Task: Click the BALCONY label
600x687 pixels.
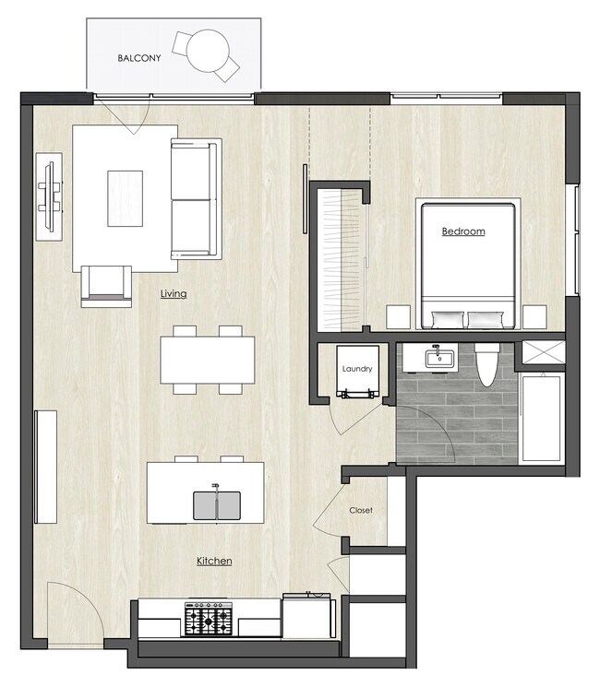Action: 139,58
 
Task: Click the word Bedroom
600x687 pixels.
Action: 462,231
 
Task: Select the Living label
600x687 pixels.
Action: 173,294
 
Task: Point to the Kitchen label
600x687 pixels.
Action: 213,561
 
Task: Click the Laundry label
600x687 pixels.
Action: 356,369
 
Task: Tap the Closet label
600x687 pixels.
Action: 360,510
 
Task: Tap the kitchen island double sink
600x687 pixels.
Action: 216,504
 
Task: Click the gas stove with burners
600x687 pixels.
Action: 209,618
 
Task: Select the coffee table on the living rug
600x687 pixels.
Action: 126,197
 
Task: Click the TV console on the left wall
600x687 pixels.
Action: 49,196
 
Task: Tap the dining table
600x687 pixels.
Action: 208,360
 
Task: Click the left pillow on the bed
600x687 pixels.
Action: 447,320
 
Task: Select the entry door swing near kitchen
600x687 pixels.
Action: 72,609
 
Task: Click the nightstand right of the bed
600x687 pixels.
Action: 534,317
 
